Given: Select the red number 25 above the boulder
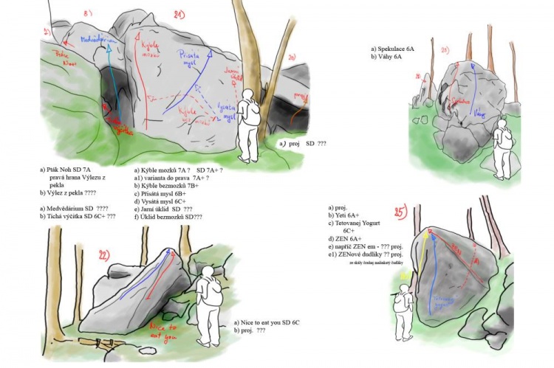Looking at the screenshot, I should click(401, 214).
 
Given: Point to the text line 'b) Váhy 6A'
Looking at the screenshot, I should click(389, 56).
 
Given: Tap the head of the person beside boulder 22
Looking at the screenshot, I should click(207, 272).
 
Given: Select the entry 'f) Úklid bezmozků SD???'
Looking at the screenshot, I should click(170, 217).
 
